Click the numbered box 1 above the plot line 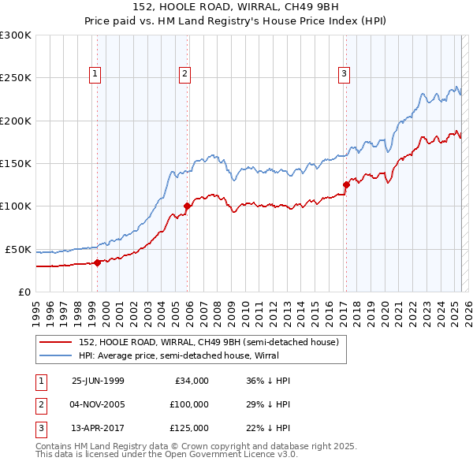click(95, 74)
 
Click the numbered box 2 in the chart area click(184, 74)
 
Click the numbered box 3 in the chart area click(345, 74)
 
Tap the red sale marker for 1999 click(97, 262)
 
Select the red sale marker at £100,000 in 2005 click(187, 206)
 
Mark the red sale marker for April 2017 click(345, 185)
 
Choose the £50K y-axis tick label click(19, 249)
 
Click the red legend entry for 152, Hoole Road click(208, 342)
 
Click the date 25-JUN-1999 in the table click(98, 381)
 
